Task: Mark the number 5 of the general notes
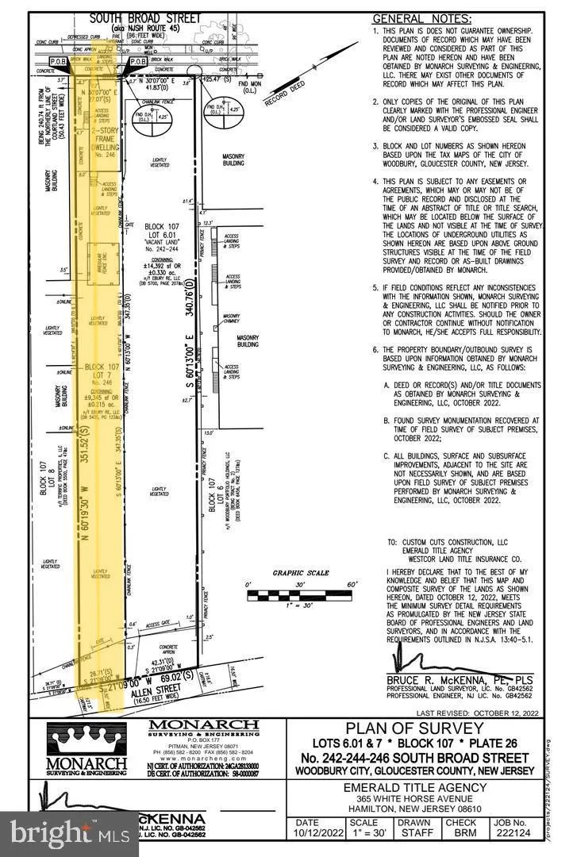pyautogui.click(x=375, y=288)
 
